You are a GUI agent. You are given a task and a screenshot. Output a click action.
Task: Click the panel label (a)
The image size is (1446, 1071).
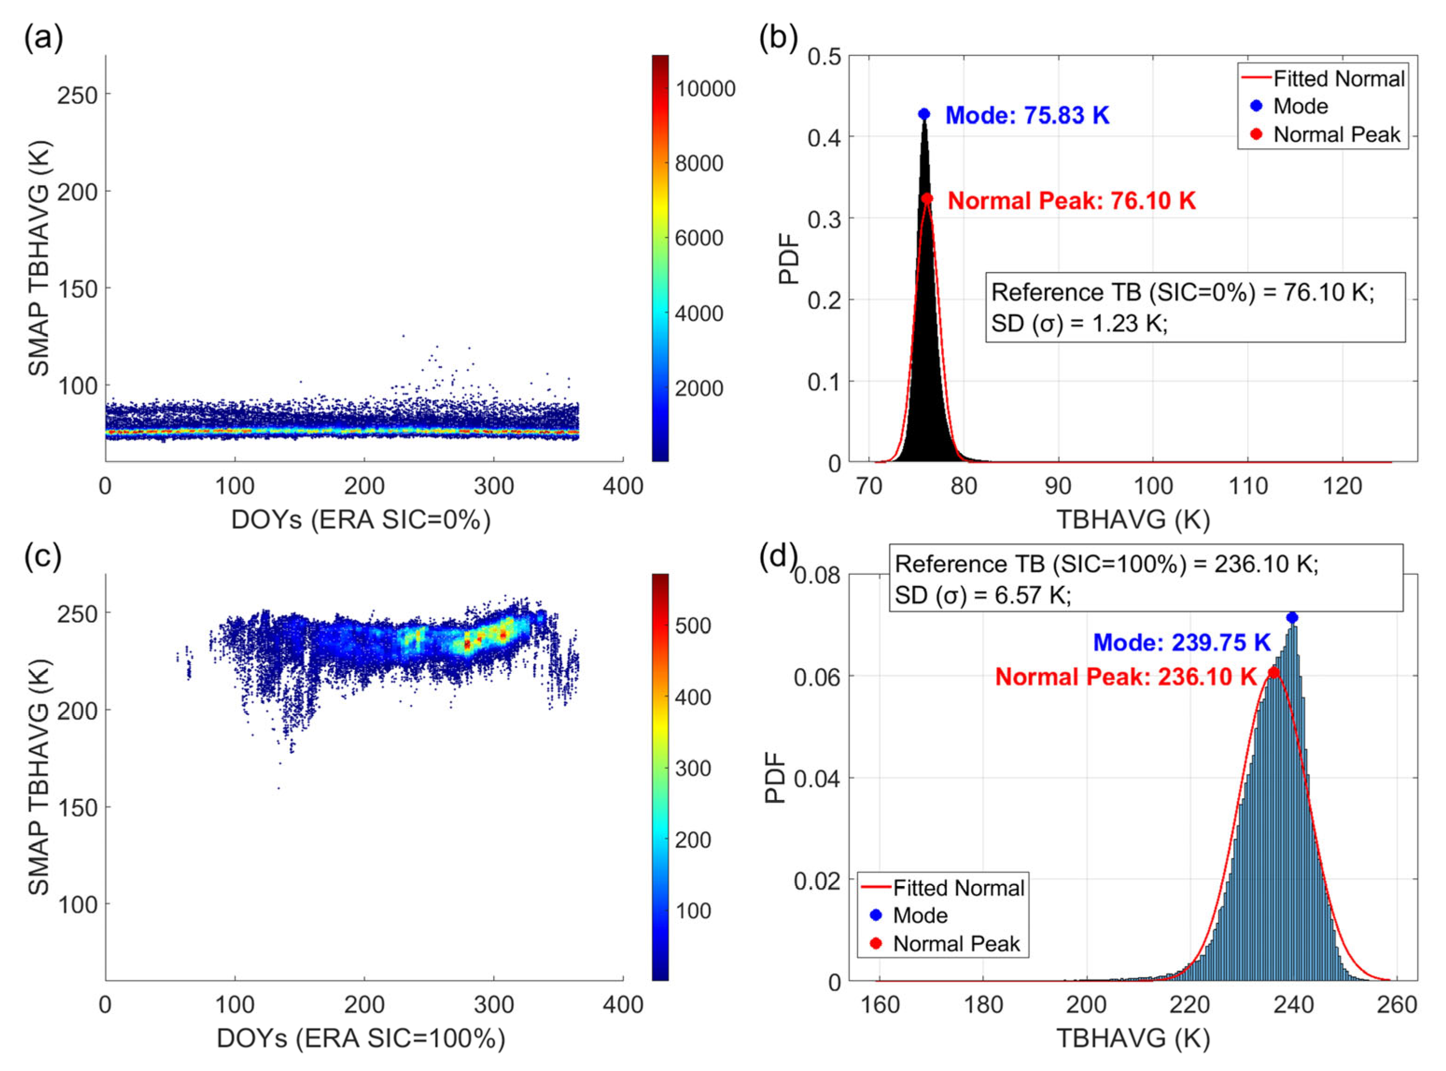43,39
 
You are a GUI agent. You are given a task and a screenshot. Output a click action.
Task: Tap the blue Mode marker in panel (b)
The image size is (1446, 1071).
924,114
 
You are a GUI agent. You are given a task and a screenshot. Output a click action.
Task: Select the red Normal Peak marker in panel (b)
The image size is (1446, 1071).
927,198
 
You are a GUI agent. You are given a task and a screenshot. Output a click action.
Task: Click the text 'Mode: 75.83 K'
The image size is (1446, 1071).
1027,115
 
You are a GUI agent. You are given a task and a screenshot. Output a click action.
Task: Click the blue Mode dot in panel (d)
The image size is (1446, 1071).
1292,617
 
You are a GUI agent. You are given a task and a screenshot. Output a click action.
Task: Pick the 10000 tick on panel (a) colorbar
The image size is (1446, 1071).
706,89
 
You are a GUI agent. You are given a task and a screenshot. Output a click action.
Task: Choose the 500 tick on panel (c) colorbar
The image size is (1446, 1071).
693,626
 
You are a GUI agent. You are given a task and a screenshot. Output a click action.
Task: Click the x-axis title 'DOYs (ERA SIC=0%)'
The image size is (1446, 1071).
361,520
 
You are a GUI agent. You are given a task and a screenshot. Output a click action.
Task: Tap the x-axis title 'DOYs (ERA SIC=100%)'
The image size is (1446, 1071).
361,1039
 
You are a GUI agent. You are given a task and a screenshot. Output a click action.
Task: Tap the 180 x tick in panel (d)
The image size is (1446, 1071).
983,1005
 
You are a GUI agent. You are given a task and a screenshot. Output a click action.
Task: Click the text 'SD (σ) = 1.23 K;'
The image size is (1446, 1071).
1079,323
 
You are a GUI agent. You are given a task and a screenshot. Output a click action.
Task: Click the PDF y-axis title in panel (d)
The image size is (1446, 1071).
775,778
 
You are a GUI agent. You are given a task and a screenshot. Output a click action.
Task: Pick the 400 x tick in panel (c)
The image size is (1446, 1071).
622,1005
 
